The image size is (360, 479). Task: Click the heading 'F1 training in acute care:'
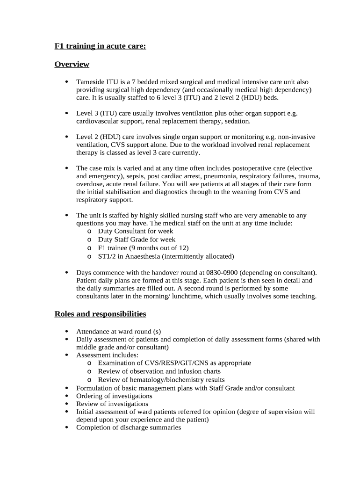100,46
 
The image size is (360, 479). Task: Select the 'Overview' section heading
72,64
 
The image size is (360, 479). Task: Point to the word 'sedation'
238,121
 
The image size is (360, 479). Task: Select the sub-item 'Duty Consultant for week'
135,231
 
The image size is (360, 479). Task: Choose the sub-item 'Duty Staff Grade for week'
137,239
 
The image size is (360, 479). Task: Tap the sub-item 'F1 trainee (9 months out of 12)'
143,248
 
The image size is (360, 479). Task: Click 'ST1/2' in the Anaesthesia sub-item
107,256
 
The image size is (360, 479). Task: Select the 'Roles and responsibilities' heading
100,314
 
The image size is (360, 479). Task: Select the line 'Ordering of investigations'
114,396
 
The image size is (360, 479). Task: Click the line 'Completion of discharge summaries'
129,428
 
